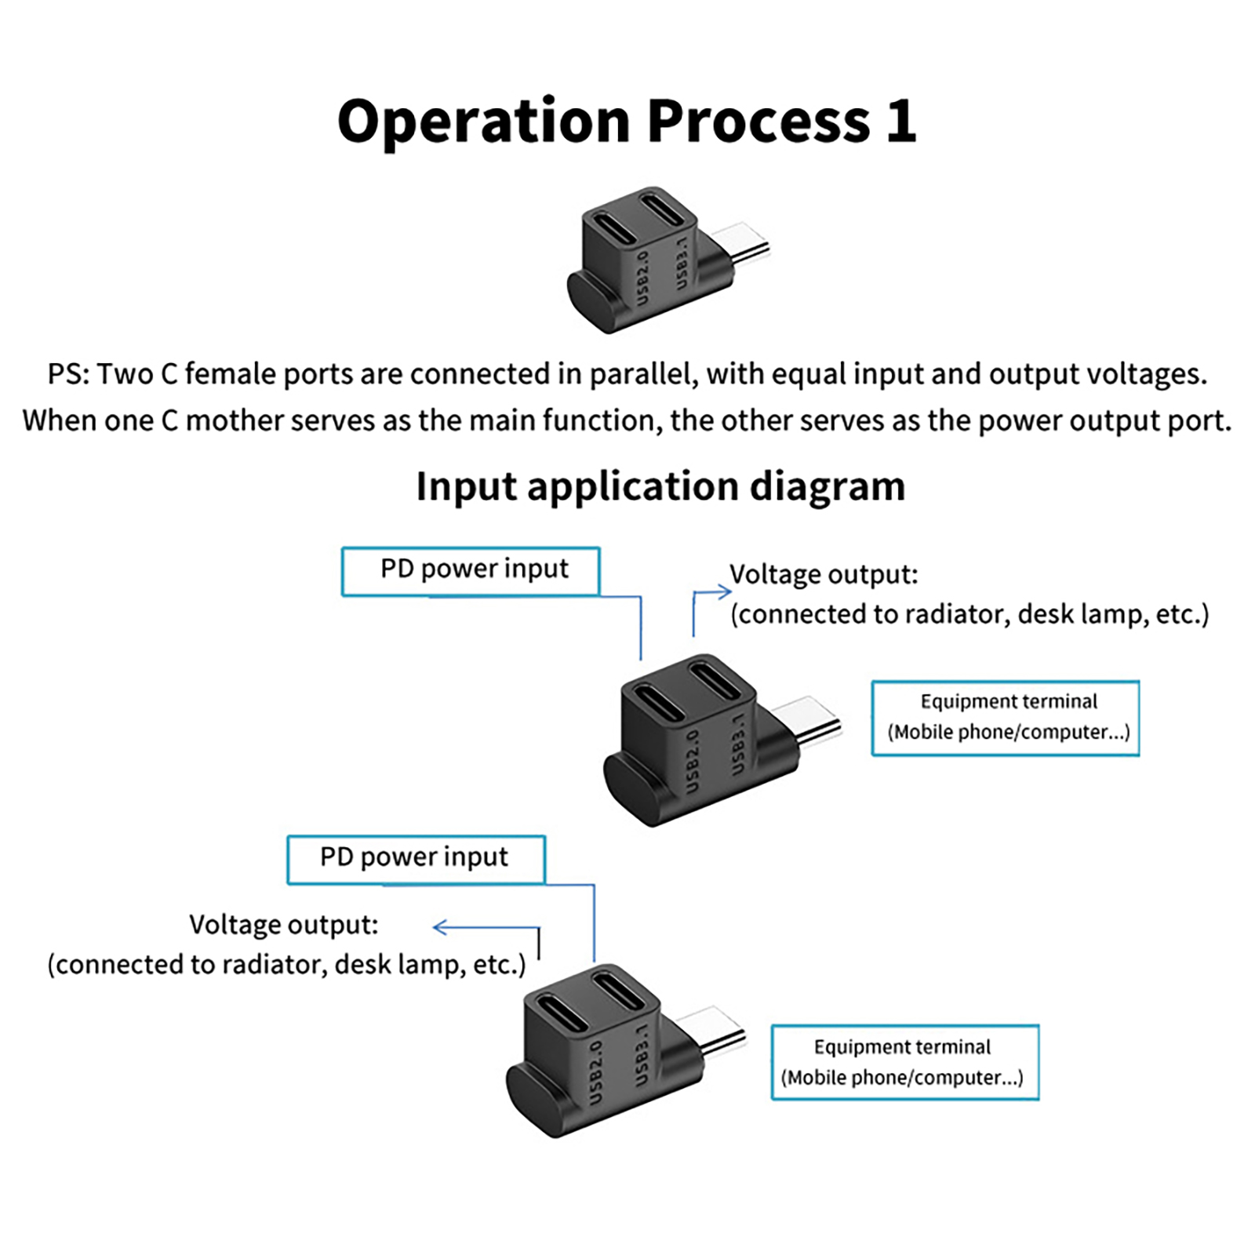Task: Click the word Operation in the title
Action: pos(483,122)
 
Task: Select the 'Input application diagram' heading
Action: pos(660,486)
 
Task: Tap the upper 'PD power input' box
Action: pos(471,570)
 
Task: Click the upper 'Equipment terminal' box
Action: pos(1006,717)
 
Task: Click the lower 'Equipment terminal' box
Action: pos(904,1061)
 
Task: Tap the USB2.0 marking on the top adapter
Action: pos(642,279)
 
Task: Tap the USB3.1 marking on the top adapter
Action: pos(682,263)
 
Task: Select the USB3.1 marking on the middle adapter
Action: pos(738,744)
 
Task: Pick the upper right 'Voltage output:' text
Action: pos(824,574)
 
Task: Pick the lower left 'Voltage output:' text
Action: pos(284,925)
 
